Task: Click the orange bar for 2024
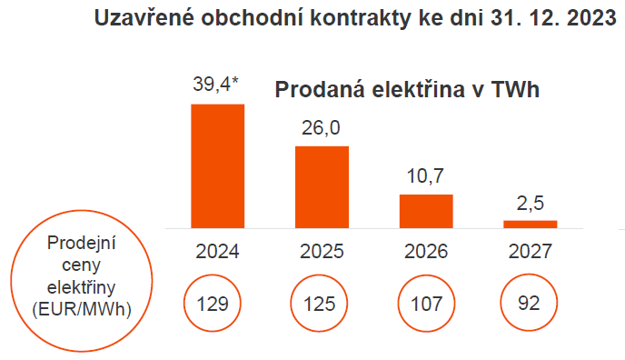[217, 165]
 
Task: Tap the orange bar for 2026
[426, 210]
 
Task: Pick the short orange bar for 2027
[531, 224]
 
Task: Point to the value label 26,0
[322, 128]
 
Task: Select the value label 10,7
[426, 176]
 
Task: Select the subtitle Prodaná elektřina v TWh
[408, 90]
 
